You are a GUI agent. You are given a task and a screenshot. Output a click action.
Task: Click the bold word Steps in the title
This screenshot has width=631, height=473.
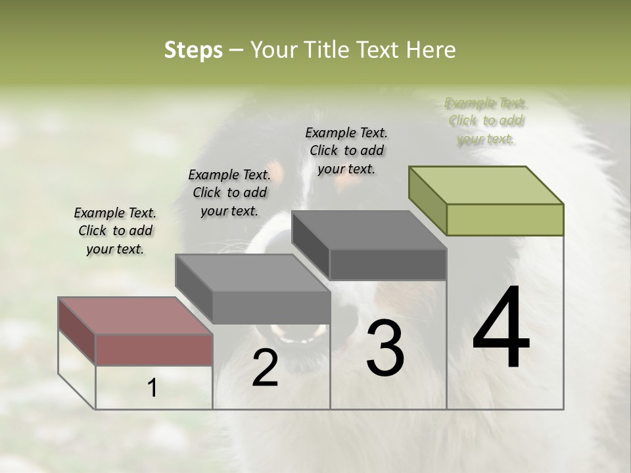193,50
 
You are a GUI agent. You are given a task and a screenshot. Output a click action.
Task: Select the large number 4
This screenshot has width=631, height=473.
501,328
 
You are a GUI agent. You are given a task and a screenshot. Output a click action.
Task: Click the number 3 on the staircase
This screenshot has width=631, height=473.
385,348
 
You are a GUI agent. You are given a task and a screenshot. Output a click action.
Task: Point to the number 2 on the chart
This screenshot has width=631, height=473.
265,368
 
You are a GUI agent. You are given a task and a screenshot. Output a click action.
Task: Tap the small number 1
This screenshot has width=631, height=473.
152,389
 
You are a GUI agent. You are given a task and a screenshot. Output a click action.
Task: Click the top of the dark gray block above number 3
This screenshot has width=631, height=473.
369,230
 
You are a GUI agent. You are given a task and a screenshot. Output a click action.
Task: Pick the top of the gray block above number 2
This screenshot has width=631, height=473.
252,273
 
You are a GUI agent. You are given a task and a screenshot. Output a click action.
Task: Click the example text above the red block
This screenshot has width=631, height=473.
115,231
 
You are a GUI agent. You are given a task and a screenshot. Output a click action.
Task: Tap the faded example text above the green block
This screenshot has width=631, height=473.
486,121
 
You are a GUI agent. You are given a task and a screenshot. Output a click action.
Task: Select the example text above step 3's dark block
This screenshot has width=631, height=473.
346,150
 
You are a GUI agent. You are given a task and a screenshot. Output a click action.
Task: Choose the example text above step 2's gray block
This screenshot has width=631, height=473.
229,192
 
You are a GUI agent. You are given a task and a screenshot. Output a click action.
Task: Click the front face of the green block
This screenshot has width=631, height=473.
505,219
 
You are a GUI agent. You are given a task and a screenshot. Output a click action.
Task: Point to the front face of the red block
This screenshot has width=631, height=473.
154,349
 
